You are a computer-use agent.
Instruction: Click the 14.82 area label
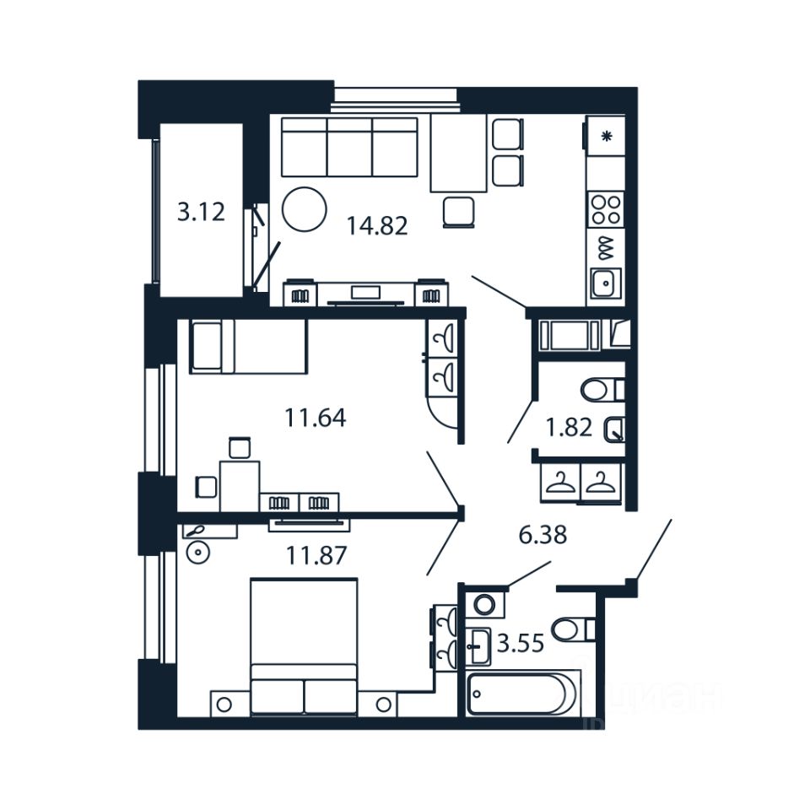(377, 226)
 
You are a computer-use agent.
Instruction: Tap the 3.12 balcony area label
(201, 211)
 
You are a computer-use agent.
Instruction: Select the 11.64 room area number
(316, 418)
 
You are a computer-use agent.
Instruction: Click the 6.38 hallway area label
(542, 534)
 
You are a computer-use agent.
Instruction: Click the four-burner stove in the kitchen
(605, 208)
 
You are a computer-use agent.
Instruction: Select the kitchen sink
(605, 283)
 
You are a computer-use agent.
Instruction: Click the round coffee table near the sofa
(304, 208)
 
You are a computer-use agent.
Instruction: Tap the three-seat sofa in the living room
(349, 147)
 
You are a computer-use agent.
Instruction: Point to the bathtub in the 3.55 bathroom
(521, 694)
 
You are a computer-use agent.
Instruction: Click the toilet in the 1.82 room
(601, 390)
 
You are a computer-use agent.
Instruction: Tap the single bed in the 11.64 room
(249, 346)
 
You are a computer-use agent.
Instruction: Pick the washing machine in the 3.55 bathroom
(484, 605)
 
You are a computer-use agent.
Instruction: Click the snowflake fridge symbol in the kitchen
(606, 136)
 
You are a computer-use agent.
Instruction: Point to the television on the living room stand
(364, 293)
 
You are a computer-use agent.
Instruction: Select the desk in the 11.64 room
(240, 485)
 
